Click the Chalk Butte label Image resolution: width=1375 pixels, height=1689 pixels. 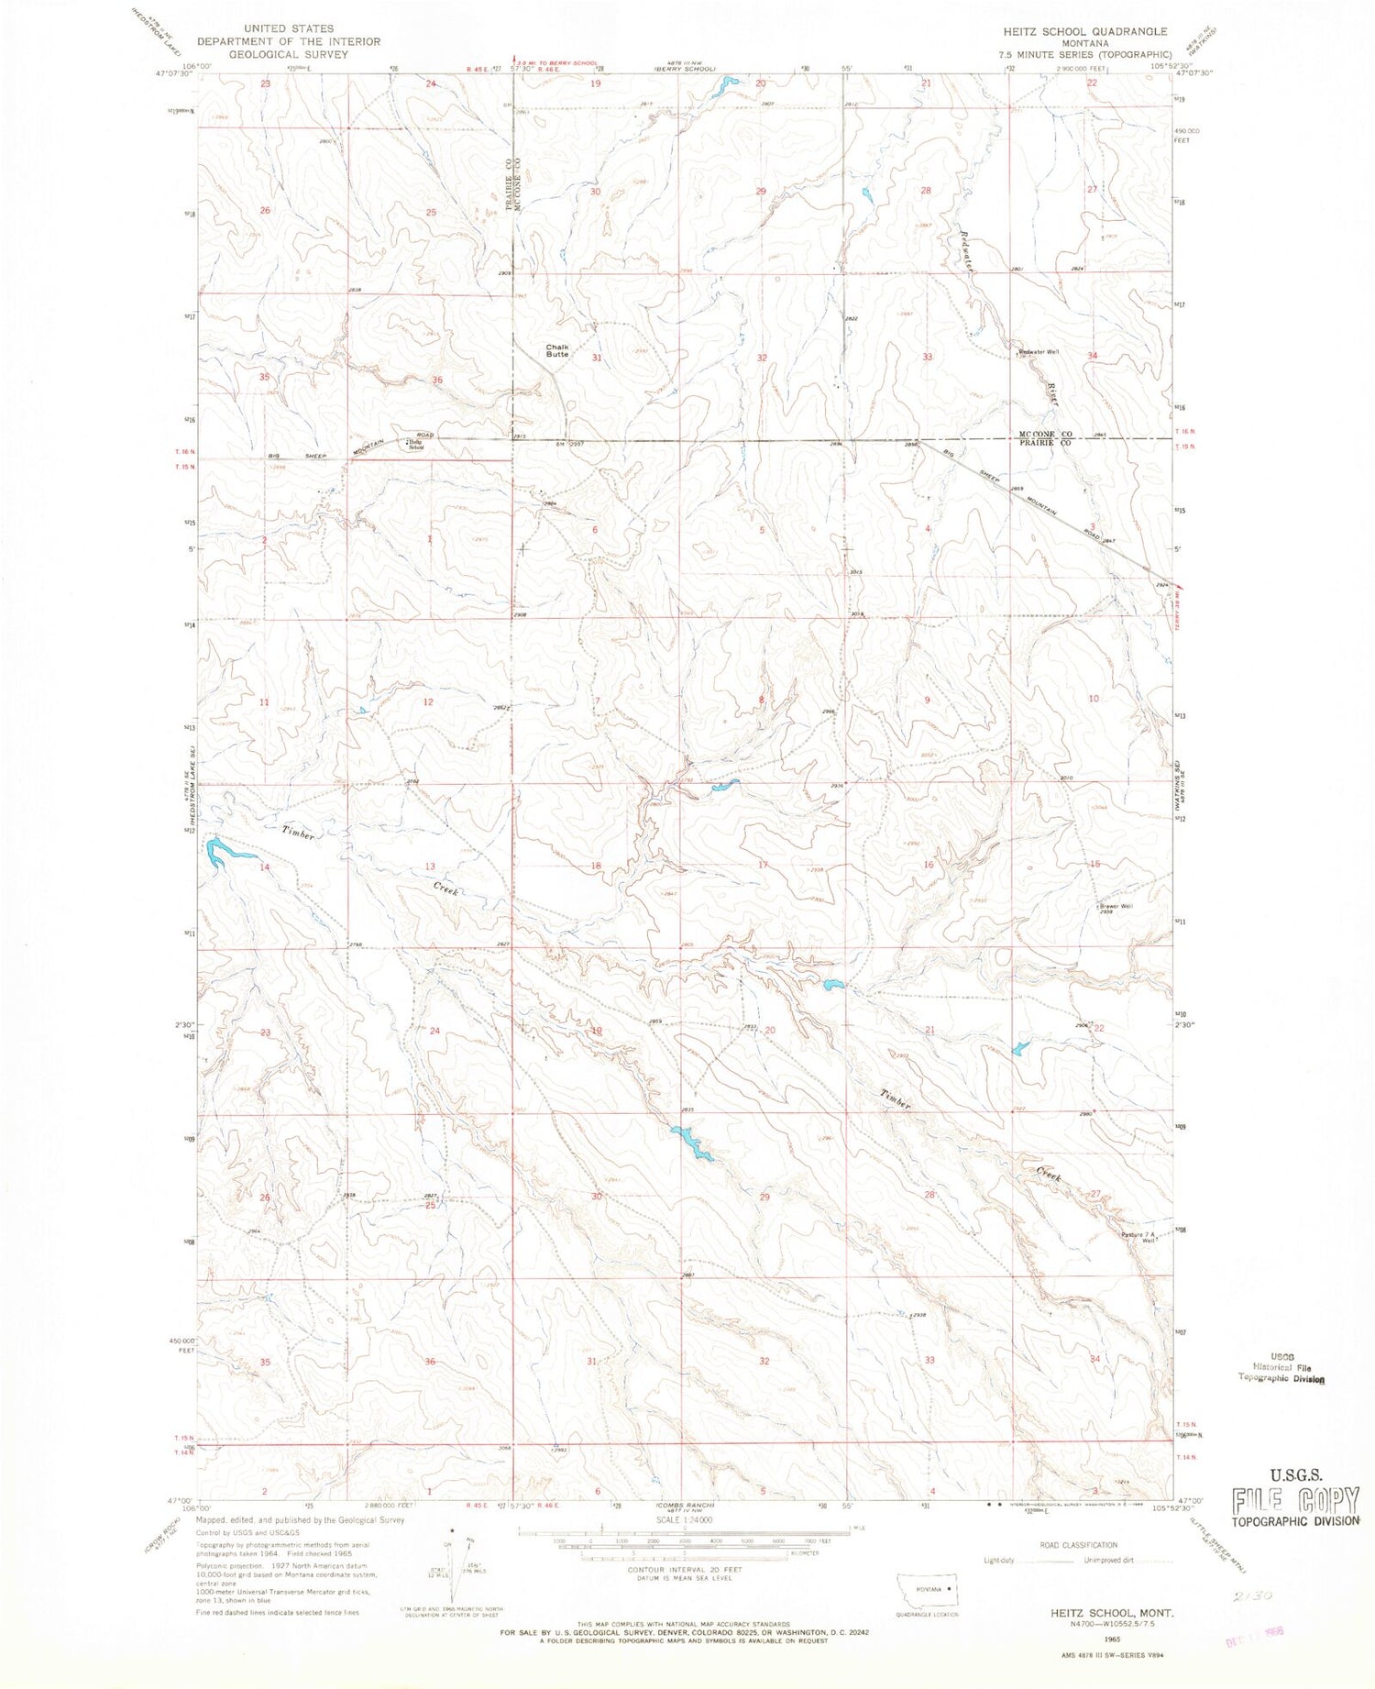[x=556, y=350]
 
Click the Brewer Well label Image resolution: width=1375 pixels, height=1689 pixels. [x=1116, y=907]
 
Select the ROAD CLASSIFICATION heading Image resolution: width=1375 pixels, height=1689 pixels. [x=1079, y=1545]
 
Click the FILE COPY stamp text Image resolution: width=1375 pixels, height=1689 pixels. [x=1295, y=1501]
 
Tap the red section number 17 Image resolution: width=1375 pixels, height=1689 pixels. [x=763, y=865]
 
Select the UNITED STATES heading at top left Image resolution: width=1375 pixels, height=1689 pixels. [x=289, y=28]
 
